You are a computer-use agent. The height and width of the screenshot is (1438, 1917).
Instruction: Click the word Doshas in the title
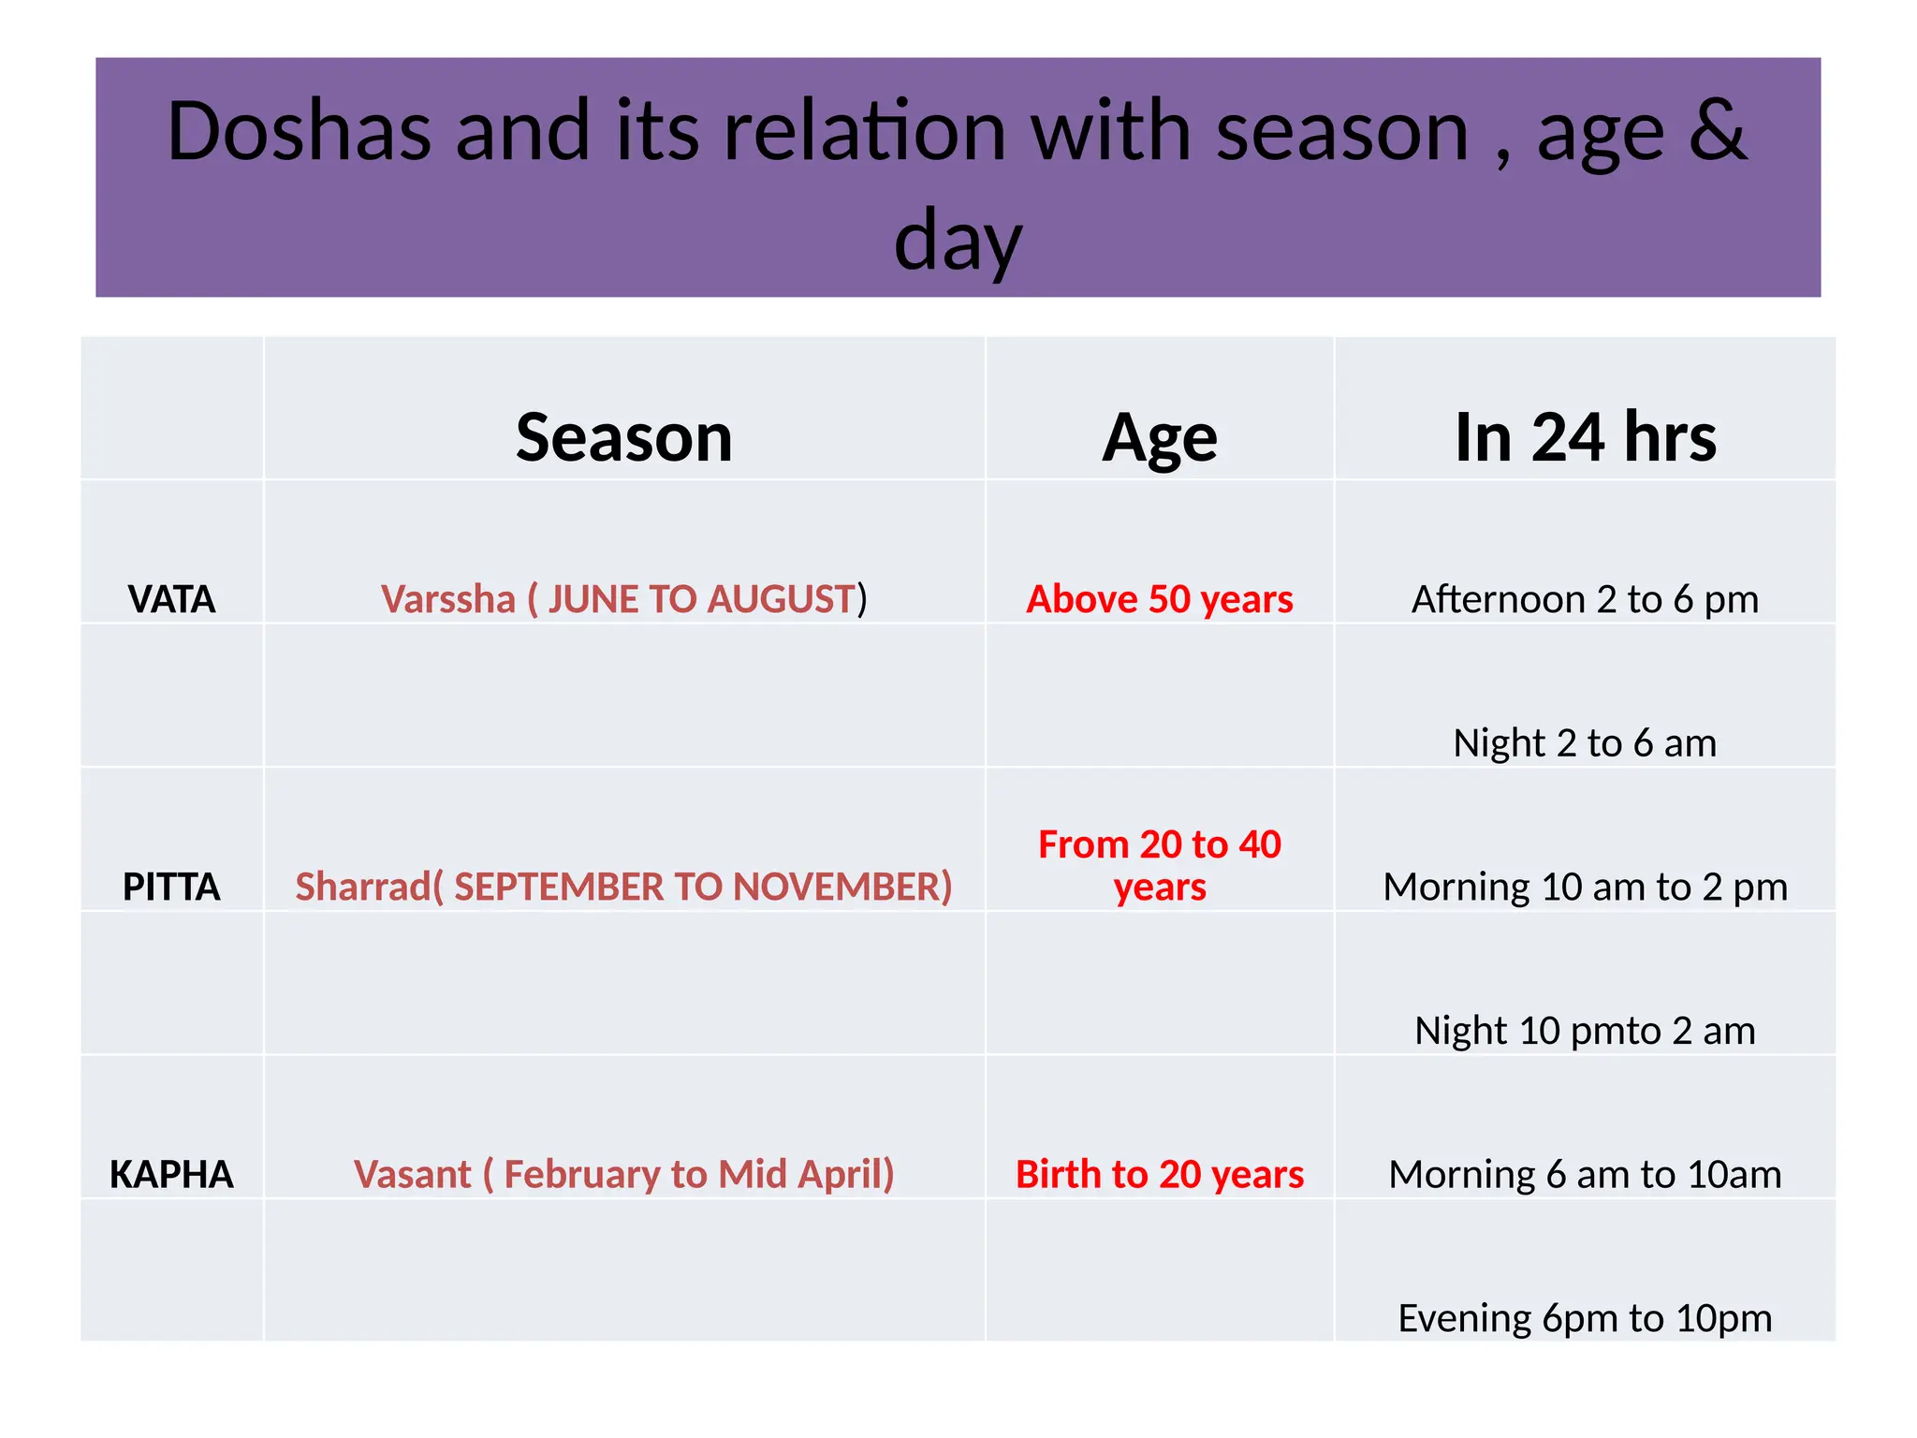coord(299,131)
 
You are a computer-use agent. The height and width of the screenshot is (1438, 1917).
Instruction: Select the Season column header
coord(624,437)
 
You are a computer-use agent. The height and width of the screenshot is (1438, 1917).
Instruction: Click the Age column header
coord(1160,437)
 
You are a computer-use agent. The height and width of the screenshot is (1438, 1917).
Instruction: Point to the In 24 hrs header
coord(1585,437)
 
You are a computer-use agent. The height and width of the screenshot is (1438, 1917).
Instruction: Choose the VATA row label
coord(171,599)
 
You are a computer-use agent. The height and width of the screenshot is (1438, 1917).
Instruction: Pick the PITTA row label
coord(171,887)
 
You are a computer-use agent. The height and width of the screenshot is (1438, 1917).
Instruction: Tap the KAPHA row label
coord(171,1174)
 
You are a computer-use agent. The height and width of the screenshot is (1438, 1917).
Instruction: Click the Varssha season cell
coord(624,599)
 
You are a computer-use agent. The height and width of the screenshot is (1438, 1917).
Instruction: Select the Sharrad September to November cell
coord(624,887)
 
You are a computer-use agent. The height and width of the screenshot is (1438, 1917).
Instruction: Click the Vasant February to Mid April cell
coord(624,1174)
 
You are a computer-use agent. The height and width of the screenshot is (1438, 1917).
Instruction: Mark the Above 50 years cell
coord(1160,599)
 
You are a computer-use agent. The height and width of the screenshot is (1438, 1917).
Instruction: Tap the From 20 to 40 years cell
coord(1160,865)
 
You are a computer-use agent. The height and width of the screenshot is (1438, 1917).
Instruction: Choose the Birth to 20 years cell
coord(1160,1174)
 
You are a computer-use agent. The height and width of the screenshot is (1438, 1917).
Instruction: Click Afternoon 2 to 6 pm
coord(1585,599)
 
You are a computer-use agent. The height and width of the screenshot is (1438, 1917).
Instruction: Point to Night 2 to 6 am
coord(1585,743)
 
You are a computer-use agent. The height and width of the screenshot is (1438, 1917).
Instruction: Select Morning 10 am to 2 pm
coord(1585,887)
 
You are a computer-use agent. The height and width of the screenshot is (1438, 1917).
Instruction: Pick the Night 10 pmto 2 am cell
coord(1585,1031)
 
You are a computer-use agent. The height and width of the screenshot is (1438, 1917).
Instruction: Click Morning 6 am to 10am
coord(1585,1174)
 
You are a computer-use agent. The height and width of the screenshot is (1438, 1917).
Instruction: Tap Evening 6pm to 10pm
coord(1585,1318)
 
